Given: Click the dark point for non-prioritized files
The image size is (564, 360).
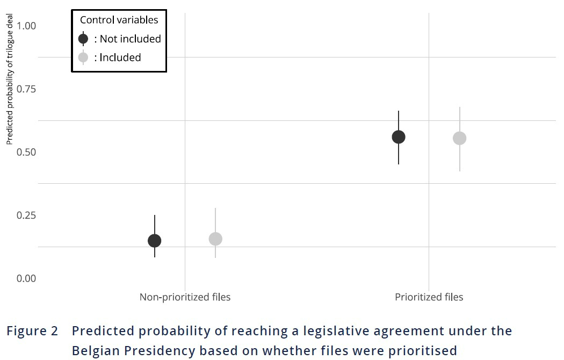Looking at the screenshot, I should [154, 241].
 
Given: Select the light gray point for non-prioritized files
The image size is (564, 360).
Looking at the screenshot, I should [215, 239].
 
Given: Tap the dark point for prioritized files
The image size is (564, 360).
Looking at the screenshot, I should [399, 137].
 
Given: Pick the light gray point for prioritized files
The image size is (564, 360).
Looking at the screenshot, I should [459, 138].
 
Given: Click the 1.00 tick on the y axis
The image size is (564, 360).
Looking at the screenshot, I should [26, 26].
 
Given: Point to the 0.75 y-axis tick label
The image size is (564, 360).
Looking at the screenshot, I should [26, 89].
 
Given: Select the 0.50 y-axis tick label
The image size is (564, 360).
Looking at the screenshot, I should [26, 152].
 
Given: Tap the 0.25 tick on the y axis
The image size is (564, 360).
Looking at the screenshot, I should [26, 215].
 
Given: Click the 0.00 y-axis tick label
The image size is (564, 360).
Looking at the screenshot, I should [26, 278].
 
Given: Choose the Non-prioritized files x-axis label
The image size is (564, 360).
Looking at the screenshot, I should [185, 297].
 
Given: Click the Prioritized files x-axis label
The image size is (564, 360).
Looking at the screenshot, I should [429, 297].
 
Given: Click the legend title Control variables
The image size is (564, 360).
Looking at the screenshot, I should [119, 20].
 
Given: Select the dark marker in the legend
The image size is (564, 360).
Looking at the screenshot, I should [83, 39].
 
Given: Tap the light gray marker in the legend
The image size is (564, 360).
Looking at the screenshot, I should [83, 57].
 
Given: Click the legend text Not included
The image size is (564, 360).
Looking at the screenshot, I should [130, 39].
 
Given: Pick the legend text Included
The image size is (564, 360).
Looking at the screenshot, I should [120, 57].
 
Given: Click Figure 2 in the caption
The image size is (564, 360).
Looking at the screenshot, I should [32, 331].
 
